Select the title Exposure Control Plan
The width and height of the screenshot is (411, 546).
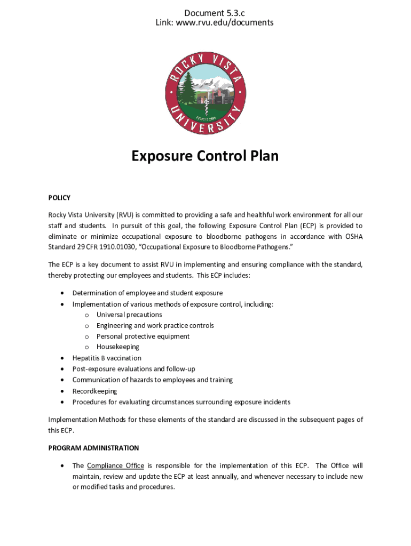point(205,156)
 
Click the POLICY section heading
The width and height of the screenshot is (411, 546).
point(59,198)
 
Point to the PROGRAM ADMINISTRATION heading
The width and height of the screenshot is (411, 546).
point(93,448)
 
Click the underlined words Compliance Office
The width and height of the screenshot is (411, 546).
point(115,465)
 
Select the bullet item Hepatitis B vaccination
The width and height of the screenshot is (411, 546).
point(107,358)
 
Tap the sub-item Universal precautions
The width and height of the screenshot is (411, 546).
point(129,315)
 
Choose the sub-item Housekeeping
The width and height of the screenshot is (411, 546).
point(117,347)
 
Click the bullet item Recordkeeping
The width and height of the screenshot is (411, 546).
point(94,391)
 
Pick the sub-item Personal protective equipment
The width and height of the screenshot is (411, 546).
point(143,336)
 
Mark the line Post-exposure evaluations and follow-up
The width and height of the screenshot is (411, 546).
point(133,369)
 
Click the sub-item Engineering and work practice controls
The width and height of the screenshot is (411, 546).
point(155,325)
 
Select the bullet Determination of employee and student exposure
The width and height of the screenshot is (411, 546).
point(147,293)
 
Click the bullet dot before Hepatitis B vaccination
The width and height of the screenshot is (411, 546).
point(62,358)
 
